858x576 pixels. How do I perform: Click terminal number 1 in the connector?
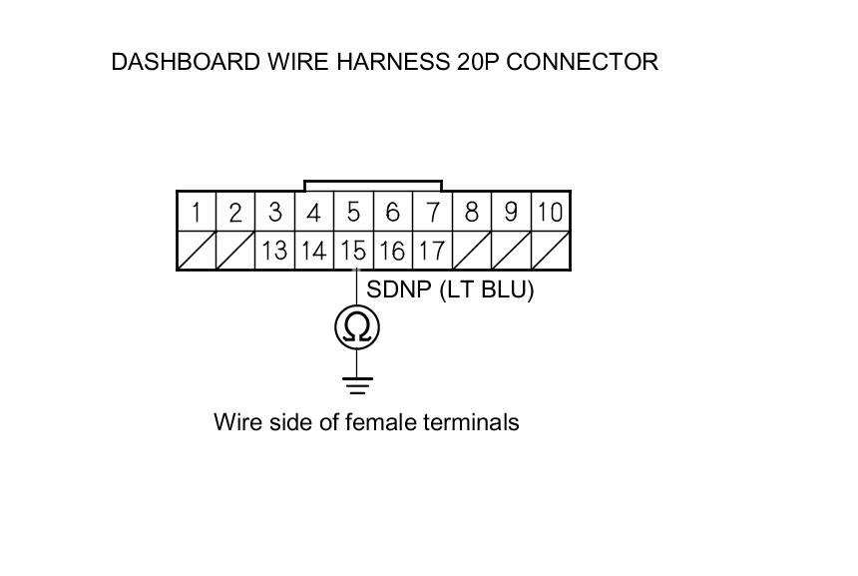tap(197, 213)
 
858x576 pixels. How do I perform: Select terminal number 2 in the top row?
tap(235, 213)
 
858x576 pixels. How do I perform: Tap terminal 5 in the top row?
tap(353, 213)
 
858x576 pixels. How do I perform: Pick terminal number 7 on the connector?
tap(432, 213)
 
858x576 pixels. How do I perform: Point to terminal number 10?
tap(550, 213)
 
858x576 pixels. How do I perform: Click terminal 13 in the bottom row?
tap(274, 251)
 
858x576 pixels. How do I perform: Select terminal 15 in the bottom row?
tap(353, 251)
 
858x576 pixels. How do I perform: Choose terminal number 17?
tap(431, 251)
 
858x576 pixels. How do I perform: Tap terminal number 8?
tap(471, 213)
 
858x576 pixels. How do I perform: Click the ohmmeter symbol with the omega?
tap(357, 326)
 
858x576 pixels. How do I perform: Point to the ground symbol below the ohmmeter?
tap(357, 383)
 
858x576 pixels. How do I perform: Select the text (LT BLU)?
tap(487, 290)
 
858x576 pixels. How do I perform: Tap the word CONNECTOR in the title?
tap(589, 62)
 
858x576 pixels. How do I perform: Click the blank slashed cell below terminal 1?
tap(197, 251)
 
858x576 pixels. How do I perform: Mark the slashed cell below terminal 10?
tap(550, 251)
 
